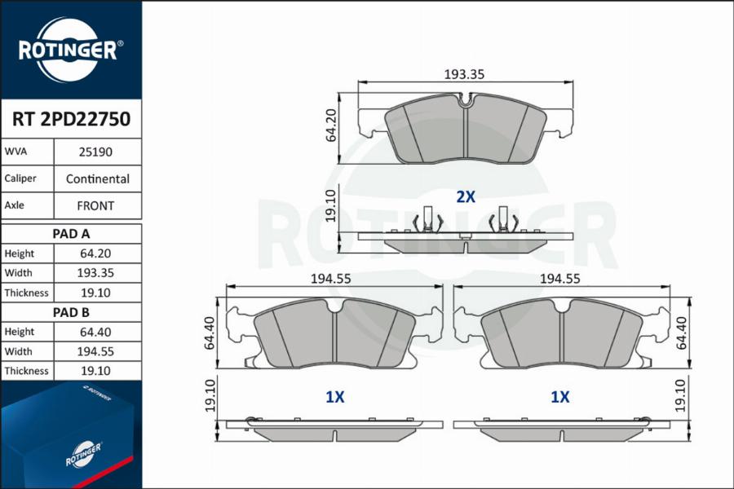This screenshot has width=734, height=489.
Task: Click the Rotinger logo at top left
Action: pos(70,50)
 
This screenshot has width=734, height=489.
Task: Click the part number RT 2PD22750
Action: pos(71,120)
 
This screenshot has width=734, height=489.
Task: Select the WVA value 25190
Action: pos(97,152)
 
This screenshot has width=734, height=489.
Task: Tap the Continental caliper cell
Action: pos(97,179)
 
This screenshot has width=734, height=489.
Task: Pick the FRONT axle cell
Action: pos(97,206)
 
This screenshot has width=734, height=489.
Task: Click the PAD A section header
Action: pos(71,234)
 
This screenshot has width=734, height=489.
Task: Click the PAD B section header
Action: pos(71,312)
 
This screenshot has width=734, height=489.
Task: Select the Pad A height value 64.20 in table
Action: pos(97,253)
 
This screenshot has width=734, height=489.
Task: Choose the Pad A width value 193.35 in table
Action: pos(97,273)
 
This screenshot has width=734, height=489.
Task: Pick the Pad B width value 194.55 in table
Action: pos(97,351)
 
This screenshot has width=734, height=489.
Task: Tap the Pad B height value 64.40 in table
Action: pos(97,332)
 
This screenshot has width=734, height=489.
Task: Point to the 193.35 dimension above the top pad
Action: pos(464,74)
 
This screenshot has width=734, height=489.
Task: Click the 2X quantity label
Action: pos(465,196)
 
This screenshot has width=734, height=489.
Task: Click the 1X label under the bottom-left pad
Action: pos(334,397)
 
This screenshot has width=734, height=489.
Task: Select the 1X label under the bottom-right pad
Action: pos(559,397)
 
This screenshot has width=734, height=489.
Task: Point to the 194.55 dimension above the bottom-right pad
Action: pos(559,278)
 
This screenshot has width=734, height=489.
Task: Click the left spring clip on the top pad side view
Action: pos(427,220)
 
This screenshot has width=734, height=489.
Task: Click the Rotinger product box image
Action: pos(71,436)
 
